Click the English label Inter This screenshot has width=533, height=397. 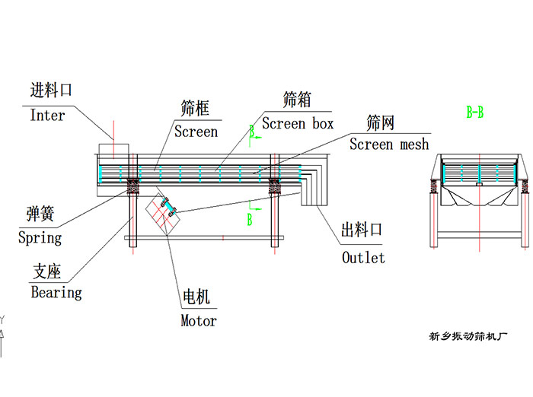pyautogui.click(x=47, y=116)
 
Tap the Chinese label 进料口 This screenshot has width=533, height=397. pyautogui.click(x=51, y=91)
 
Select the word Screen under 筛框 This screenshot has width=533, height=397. pyautogui.click(x=196, y=132)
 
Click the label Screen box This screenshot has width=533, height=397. pyautogui.click(x=298, y=123)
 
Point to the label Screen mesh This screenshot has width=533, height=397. pyautogui.click(x=389, y=144)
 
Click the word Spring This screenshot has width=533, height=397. pyautogui.click(x=40, y=237)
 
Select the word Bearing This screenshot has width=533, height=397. pyautogui.click(x=56, y=291)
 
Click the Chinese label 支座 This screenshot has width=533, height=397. pyautogui.click(x=46, y=270)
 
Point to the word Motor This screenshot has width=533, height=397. pyautogui.click(x=198, y=320)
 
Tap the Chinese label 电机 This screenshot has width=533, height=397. pyautogui.click(x=196, y=297)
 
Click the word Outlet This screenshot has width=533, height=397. pyautogui.click(x=363, y=257)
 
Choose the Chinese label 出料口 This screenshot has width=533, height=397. pyautogui.click(x=361, y=230)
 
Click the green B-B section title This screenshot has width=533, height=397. pyautogui.click(x=475, y=113)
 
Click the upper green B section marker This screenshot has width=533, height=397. pyautogui.click(x=252, y=132)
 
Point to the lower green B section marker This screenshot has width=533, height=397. pyautogui.click(x=249, y=220)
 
